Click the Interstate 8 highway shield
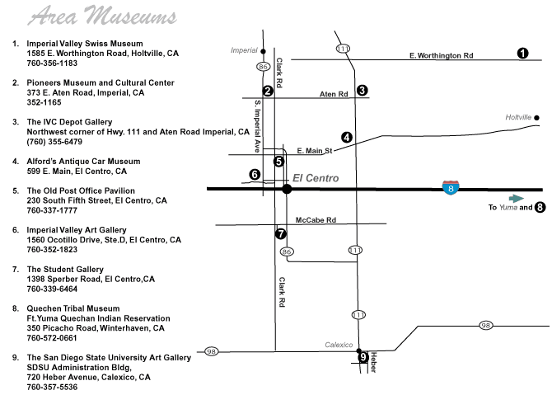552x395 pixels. pos(451,188)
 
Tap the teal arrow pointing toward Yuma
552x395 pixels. pos(517,199)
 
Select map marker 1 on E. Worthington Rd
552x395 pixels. pos(523,54)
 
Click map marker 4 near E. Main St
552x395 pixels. pos(347,137)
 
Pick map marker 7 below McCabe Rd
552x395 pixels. pos(281,233)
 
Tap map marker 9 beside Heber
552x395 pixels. pos(363,357)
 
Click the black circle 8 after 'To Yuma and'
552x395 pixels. pos(540,207)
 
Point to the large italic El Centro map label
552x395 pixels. pos(316,178)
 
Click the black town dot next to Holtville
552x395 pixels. pos(536,118)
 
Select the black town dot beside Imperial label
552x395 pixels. pos(263,51)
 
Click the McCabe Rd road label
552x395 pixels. pos(316,220)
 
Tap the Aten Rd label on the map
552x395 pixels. pos(334,94)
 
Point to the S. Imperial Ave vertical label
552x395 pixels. pos(258,126)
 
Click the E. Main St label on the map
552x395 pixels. pos(315,151)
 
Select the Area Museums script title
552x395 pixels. pos(102,16)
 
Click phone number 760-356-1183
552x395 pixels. pos(52,63)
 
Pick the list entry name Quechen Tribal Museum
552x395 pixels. pos(73,308)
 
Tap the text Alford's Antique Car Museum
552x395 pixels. pos(83,161)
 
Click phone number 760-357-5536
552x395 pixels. pos(52,387)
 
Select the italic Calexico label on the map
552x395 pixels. pos(339,345)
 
